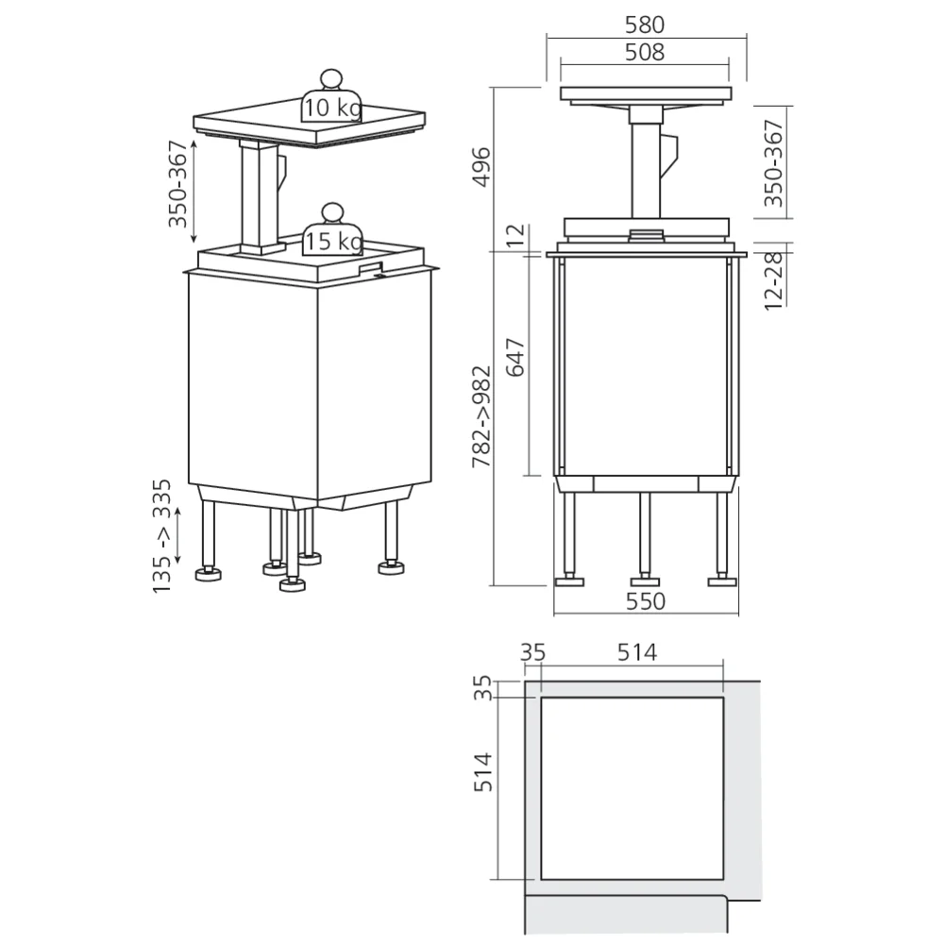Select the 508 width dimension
[x=645, y=53]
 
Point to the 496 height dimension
[x=481, y=166]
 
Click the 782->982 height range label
[x=481, y=418]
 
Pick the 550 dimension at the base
[x=645, y=601]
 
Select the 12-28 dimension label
[x=774, y=279]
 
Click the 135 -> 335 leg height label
[x=163, y=535]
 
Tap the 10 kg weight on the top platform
[x=331, y=107]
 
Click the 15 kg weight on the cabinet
[x=331, y=242]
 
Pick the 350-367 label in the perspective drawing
[x=177, y=192]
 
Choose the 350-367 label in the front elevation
[x=774, y=162]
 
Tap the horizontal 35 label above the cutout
[x=533, y=651]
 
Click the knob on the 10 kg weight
[x=331, y=78]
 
